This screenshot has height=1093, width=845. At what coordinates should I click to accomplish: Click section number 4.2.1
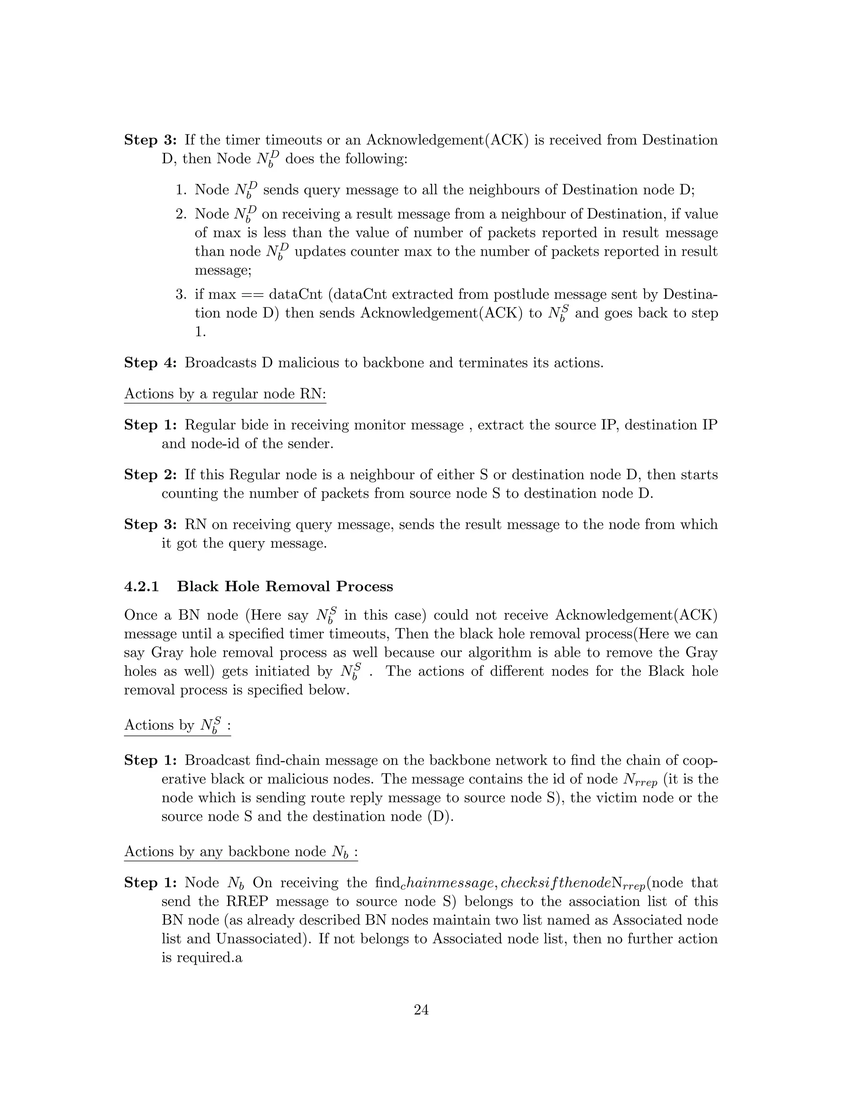[x=141, y=587]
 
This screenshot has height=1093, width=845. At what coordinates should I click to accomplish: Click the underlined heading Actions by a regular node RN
[x=225, y=394]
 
